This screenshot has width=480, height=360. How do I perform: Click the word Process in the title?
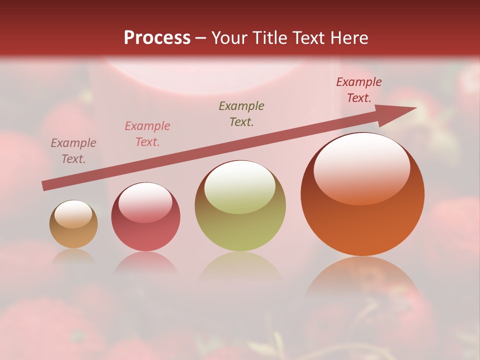click(x=157, y=38)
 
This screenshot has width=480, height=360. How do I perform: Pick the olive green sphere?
click(x=240, y=206)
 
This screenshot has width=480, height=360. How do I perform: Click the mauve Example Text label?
click(x=73, y=151)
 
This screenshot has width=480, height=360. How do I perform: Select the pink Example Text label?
click(x=147, y=134)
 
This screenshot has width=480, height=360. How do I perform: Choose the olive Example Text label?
click(x=241, y=114)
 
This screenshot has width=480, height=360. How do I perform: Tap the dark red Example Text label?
click(x=359, y=90)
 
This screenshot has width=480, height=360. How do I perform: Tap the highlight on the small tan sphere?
click(x=73, y=214)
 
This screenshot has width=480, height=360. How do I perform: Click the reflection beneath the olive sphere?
click(x=240, y=268)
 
